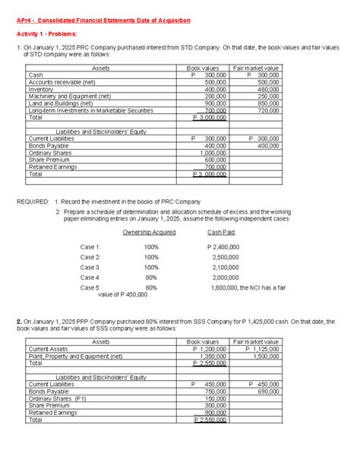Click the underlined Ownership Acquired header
pos(149,232)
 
